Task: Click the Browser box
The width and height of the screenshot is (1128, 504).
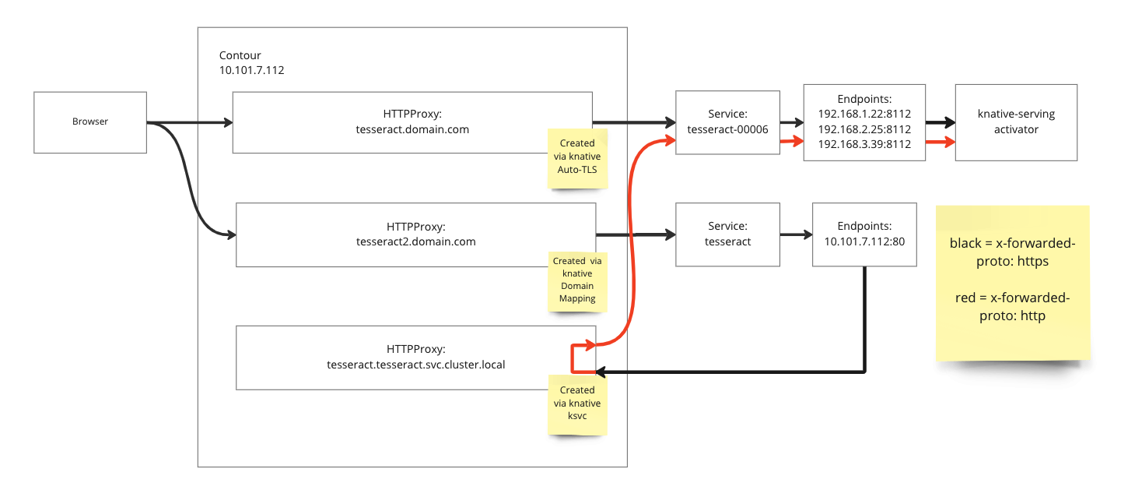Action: (x=90, y=122)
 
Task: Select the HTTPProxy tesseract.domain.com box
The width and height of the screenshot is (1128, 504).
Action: (x=412, y=122)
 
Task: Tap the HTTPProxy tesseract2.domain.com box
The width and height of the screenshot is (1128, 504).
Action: (x=415, y=235)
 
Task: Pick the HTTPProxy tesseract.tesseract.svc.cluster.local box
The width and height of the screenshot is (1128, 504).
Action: (x=415, y=358)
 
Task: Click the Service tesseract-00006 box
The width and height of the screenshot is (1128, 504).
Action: (x=727, y=122)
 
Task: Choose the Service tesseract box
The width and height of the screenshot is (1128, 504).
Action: (x=727, y=234)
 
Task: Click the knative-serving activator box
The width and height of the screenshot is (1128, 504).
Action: (x=1016, y=122)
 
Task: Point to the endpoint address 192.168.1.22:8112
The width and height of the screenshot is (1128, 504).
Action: (x=864, y=114)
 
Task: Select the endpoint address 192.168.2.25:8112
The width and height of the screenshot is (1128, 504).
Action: (x=864, y=129)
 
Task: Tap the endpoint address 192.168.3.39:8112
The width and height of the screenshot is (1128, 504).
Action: (x=864, y=144)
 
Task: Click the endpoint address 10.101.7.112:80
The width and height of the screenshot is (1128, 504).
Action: (x=864, y=241)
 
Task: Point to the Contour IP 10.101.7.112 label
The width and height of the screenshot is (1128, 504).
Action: (x=251, y=70)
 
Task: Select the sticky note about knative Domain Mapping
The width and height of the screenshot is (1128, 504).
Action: (x=577, y=281)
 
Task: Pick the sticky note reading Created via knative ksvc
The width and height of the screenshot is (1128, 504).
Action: (x=577, y=405)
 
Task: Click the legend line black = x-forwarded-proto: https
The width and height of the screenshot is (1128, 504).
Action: (x=1012, y=252)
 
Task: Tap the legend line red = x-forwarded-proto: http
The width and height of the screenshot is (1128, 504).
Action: (x=1012, y=306)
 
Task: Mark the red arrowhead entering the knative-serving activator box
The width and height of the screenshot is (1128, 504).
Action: (x=950, y=142)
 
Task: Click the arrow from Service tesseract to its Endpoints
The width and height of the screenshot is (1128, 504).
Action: (x=796, y=234)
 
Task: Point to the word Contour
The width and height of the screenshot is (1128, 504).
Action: (x=240, y=55)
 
